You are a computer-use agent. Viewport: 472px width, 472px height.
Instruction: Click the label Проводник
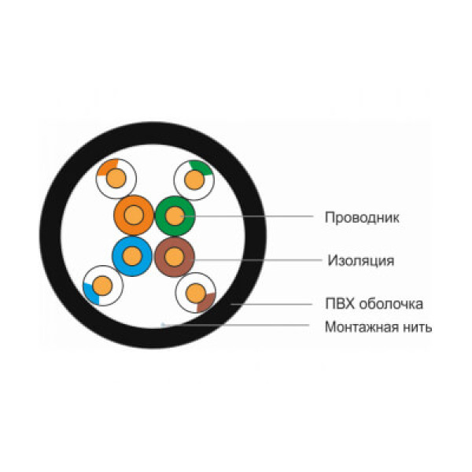362,218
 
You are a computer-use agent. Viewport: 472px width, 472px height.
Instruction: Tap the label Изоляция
361,260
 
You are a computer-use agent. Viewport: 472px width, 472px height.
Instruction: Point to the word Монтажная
359,327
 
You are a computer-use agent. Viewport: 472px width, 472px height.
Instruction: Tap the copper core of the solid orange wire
134,216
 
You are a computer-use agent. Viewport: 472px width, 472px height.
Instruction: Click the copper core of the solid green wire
175,216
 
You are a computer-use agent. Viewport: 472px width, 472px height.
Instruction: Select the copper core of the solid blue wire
132,256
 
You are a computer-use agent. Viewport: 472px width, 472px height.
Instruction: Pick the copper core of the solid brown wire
174,256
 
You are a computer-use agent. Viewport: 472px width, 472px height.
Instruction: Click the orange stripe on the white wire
107,167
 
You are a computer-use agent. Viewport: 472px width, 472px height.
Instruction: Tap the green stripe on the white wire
201,168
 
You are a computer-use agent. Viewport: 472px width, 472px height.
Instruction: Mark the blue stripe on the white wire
91,294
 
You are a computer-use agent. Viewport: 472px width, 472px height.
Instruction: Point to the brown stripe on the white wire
207,303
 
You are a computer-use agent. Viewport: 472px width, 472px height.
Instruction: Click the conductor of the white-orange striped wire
116,179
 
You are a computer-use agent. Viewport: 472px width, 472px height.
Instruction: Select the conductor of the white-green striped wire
194,180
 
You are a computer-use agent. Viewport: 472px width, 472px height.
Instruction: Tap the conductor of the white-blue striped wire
102,286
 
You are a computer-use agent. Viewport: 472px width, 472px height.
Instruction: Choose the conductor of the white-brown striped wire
196,293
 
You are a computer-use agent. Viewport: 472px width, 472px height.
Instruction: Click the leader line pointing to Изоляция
256,260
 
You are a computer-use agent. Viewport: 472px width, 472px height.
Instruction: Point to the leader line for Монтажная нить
236,325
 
